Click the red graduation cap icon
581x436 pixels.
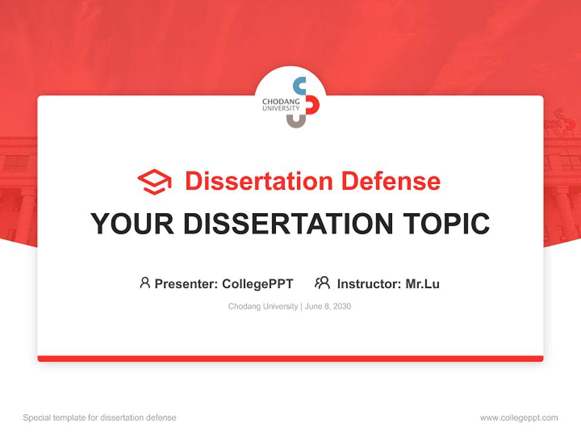(x=154, y=182)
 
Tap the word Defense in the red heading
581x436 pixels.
(x=391, y=181)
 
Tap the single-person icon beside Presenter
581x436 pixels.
(x=145, y=283)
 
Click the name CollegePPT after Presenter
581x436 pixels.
(x=258, y=284)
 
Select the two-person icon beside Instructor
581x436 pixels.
(x=323, y=283)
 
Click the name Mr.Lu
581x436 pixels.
(x=422, y=284)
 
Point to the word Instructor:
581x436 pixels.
(x=369, y=284)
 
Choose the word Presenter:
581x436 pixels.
(x=186, y=284)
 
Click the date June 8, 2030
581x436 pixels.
(x=328, y=306)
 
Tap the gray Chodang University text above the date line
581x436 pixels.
(x=263, y=306)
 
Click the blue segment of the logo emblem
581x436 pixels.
(x=298, y=86)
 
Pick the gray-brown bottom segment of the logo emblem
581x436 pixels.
(x=296, y=122)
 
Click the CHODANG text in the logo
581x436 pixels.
(x=281, y=101)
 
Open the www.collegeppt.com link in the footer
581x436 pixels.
(x=519, y=418)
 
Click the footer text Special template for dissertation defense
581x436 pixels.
(x=100, y=418)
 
